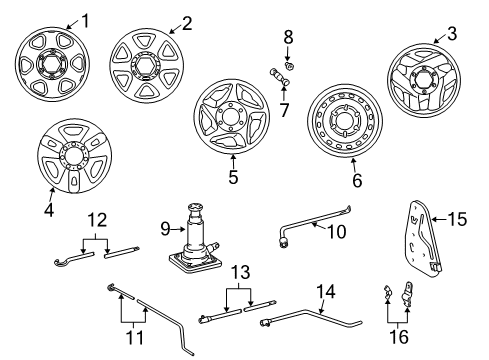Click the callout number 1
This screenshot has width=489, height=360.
tap(84, 19)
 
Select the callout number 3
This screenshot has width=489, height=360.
tap(451, 35)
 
